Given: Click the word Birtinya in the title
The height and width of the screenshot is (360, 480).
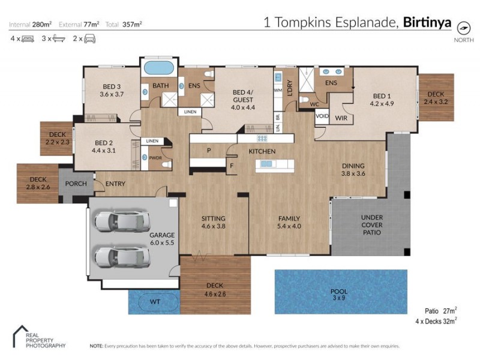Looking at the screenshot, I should pos(427,23).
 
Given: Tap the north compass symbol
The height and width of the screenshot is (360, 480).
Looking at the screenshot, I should pos(463,28).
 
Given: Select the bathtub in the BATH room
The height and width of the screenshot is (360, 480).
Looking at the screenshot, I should pos(159,66).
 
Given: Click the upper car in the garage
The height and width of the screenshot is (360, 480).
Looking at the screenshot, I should pos(122,221).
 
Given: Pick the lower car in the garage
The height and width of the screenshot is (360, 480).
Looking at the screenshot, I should pos(122,256).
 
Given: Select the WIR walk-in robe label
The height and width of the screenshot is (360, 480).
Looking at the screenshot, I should pos(341,118).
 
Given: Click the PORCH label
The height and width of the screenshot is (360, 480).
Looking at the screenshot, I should pos(76,184).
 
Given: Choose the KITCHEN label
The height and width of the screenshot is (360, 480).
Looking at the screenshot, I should pos(262,151).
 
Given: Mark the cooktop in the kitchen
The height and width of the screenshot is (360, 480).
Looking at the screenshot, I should pos(262,137).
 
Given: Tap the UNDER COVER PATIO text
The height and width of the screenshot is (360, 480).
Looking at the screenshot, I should pos(371,224).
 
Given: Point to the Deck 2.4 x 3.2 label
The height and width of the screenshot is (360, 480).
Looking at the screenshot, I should pos(436,98).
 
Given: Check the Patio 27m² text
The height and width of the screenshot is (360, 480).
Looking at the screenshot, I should pos(438,310).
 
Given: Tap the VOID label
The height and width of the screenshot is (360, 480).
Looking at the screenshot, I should pos(322,117).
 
